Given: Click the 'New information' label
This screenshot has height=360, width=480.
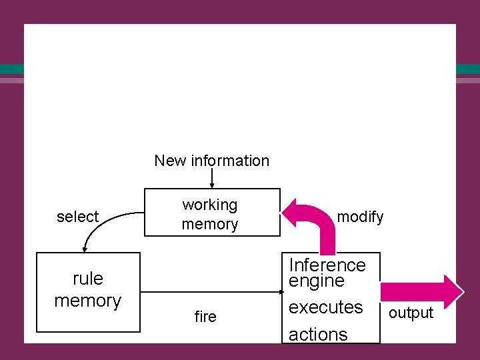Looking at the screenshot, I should point(211,161).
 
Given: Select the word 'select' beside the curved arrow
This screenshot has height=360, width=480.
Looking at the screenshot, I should point(77,217).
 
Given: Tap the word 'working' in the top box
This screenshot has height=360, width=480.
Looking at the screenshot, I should point(209,205).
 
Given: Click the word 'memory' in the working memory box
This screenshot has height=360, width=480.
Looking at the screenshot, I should point(209,224).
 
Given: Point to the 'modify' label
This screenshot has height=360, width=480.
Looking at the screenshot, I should point(360,217).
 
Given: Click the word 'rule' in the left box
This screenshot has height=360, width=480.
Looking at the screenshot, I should point(87,277).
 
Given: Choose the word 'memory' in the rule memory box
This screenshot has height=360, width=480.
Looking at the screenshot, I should point(87,301).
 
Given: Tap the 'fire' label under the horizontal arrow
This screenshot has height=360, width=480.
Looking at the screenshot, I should point(205,317).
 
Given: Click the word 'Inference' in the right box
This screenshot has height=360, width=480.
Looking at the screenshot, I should point(327,265).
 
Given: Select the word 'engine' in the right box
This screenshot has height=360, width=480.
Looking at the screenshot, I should point(317,281).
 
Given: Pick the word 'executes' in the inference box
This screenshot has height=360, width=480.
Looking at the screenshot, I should point(325,307).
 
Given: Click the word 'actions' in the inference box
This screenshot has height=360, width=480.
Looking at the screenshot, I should point(318,334).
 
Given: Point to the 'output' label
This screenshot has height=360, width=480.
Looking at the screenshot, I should point(411,313).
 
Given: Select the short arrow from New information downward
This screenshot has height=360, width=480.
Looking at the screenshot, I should point(212,179).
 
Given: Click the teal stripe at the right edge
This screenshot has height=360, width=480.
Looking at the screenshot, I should point(468,69).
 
